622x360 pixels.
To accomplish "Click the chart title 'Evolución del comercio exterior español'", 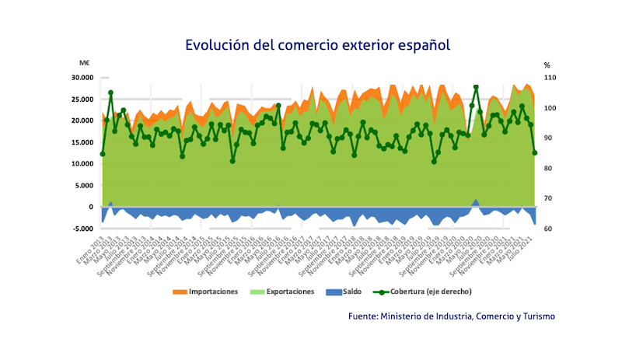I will [317, 44].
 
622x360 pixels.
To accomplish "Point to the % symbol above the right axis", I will [547, 65].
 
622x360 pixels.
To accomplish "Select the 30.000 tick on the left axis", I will [82, 78].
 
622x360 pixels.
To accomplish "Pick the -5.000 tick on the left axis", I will [82, 229].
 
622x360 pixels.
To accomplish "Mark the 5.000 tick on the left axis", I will [84, 186].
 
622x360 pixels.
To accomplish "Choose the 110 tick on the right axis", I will [548, 79].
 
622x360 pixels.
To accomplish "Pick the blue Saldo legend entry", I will [352, 292].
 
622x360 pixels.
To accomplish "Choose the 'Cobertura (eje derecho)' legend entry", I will [430, 292].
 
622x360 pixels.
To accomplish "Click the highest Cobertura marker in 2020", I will [476, 87].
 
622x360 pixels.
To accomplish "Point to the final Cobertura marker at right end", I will [534, 152].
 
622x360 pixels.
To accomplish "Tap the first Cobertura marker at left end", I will [103, 154].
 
